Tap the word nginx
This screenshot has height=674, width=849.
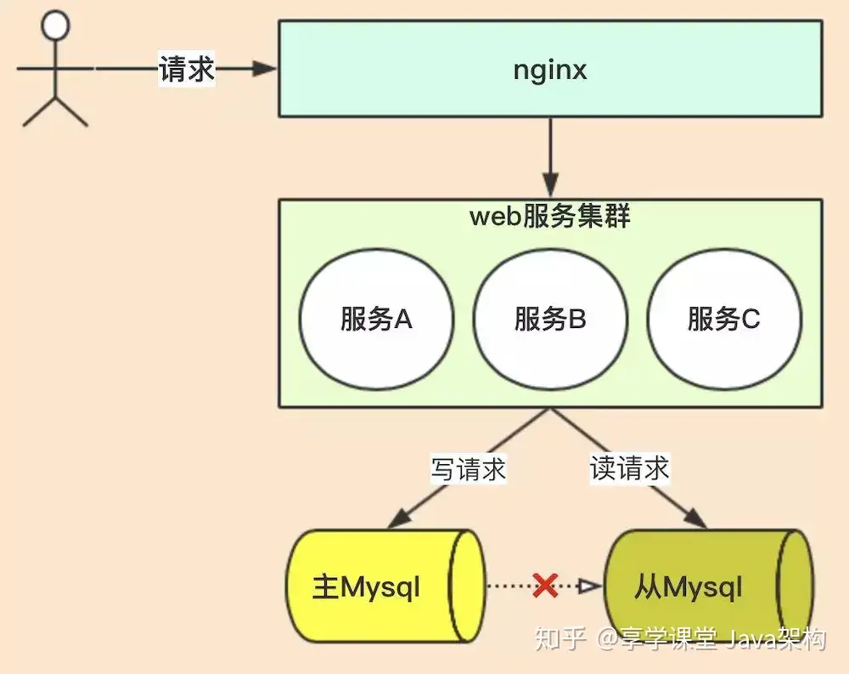tap(550, 70)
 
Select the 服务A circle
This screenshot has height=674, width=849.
tap(376, 320)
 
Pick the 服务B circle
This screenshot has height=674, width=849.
tap(550, 320)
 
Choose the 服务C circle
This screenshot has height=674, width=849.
tap(724, 320)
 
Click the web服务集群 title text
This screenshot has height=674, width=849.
tap(550, 217)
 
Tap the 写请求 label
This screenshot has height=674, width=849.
tap(469, 469)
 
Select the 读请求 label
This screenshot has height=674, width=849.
tap(629, 467)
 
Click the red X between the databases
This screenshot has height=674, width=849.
tap(545, 585)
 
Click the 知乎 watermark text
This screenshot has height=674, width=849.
tap(558, 638)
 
